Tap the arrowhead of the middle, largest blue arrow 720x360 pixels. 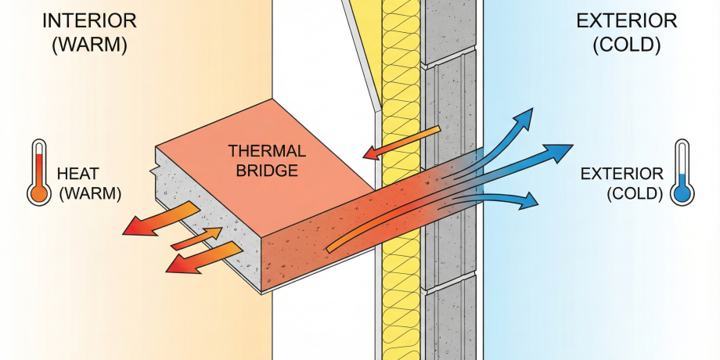click(x=562, y=150)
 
